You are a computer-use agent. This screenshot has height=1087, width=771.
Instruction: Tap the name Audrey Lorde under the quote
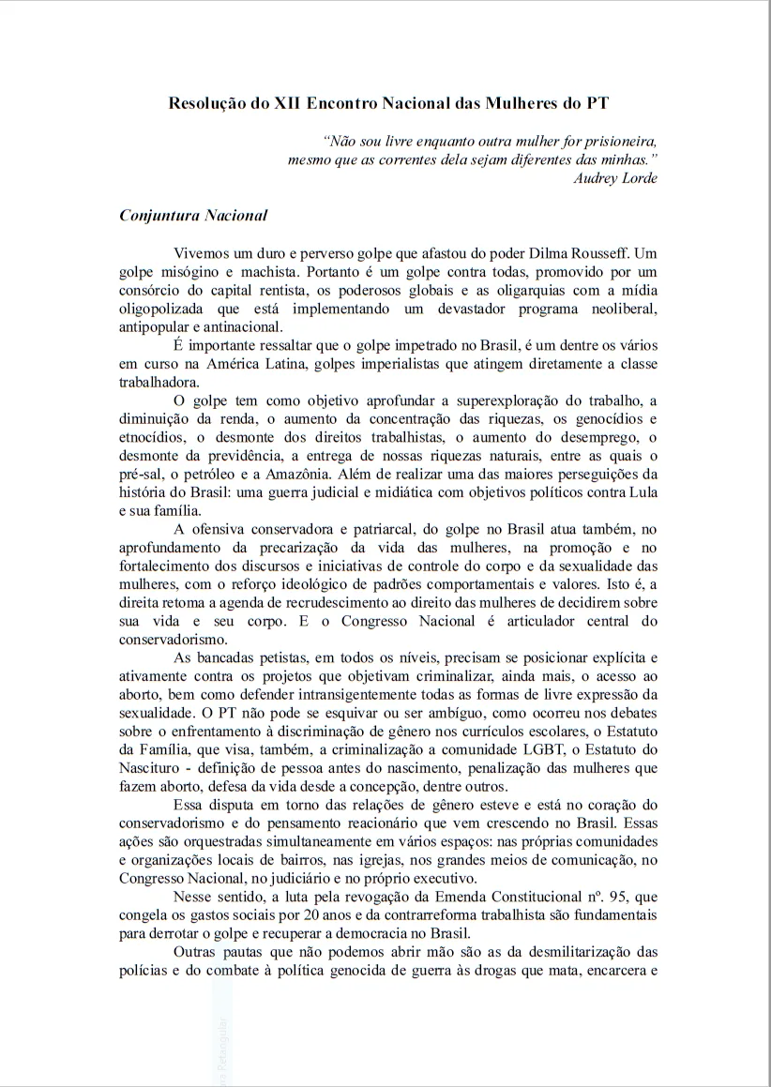[615, 179]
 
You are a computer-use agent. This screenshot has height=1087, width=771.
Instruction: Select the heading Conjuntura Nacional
[193, 216]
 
